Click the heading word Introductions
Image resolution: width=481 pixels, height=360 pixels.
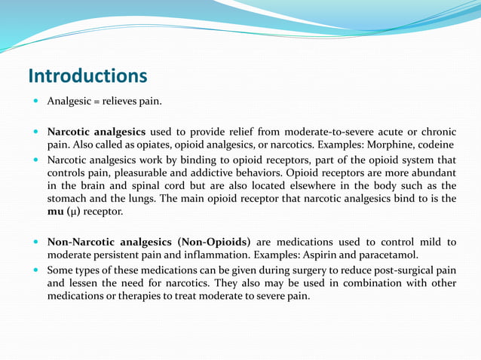click(x=87, y=76)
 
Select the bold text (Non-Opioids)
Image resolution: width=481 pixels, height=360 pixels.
click(x=214, y=242)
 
